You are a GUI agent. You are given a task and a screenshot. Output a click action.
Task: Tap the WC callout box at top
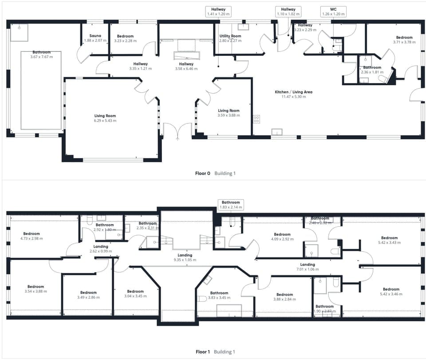333,12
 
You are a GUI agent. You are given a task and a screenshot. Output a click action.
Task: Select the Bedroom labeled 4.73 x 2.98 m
32,236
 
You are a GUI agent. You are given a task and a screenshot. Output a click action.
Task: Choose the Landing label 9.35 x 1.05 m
185,258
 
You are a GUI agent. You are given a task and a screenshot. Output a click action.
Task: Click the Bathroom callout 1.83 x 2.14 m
231,205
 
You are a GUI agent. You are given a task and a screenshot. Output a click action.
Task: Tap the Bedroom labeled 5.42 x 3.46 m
389,292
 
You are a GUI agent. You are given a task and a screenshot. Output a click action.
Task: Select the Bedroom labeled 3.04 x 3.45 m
135,294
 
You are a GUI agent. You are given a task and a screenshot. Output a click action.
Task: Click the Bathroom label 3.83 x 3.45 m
219,295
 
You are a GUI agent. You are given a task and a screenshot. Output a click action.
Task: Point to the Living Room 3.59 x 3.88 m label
229,113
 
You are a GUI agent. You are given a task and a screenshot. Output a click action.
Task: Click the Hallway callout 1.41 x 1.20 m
218,12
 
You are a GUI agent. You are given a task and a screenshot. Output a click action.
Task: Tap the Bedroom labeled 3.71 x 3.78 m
404,40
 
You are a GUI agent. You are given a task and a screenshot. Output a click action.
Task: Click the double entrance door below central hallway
177,131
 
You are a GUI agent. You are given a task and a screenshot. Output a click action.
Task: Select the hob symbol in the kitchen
256,119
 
